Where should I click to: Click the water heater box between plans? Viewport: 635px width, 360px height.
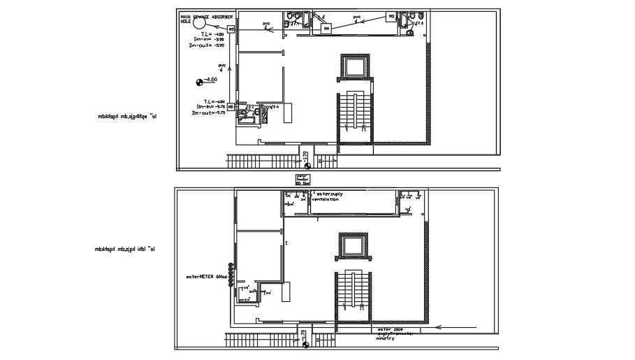pyautogui.click(x=302, y=179)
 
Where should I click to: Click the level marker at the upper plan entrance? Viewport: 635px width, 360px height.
pyautogui.click(x=306, y=165)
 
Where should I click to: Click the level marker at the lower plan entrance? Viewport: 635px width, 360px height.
pyautogui.click(x=306, y=344)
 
